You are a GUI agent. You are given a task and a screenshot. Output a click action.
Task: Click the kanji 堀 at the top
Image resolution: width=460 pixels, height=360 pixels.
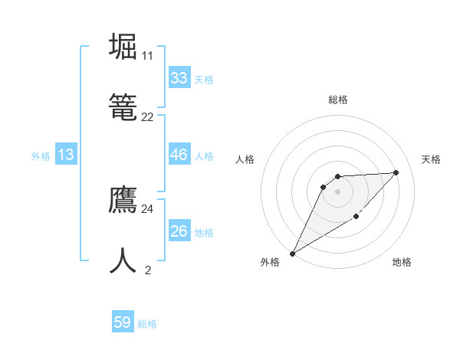point(123,47)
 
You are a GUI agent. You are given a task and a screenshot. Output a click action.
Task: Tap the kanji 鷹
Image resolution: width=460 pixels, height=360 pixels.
point(123,201)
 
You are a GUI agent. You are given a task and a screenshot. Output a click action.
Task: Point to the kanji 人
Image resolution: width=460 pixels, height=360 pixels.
point(123,260)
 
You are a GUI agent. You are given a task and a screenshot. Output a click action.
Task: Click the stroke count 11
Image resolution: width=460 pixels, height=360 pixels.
point(147,56)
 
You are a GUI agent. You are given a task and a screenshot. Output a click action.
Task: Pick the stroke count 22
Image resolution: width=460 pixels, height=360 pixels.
point(147,117)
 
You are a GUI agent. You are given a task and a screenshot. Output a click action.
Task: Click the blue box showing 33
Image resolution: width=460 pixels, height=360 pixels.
point(179,78)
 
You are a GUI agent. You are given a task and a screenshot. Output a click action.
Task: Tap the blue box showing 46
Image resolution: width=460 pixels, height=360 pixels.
point(179,155)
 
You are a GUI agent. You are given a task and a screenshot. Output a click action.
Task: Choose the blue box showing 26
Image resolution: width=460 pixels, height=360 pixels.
point(179,231)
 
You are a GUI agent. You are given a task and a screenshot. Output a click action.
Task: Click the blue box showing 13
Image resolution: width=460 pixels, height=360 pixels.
point(66,155)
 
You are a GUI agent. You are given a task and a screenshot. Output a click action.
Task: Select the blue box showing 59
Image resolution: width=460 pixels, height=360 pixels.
point(123,322)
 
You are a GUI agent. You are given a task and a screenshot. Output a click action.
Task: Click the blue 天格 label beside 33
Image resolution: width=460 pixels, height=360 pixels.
point(204,79)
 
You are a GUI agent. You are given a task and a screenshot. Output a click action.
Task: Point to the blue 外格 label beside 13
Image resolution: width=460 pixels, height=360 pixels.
point(41,155)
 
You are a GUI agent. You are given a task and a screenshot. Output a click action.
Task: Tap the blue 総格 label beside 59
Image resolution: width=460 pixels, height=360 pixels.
point(147,324)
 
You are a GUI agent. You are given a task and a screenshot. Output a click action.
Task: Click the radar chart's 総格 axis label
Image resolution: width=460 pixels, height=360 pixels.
point(338,100)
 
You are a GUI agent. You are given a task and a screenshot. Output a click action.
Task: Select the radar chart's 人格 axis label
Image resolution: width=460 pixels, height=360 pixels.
point(245,159)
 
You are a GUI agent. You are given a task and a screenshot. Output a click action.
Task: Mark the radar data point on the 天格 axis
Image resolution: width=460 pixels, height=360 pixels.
point(396,172)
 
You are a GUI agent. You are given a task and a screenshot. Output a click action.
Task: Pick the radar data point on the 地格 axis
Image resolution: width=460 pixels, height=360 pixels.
point(356,218)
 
